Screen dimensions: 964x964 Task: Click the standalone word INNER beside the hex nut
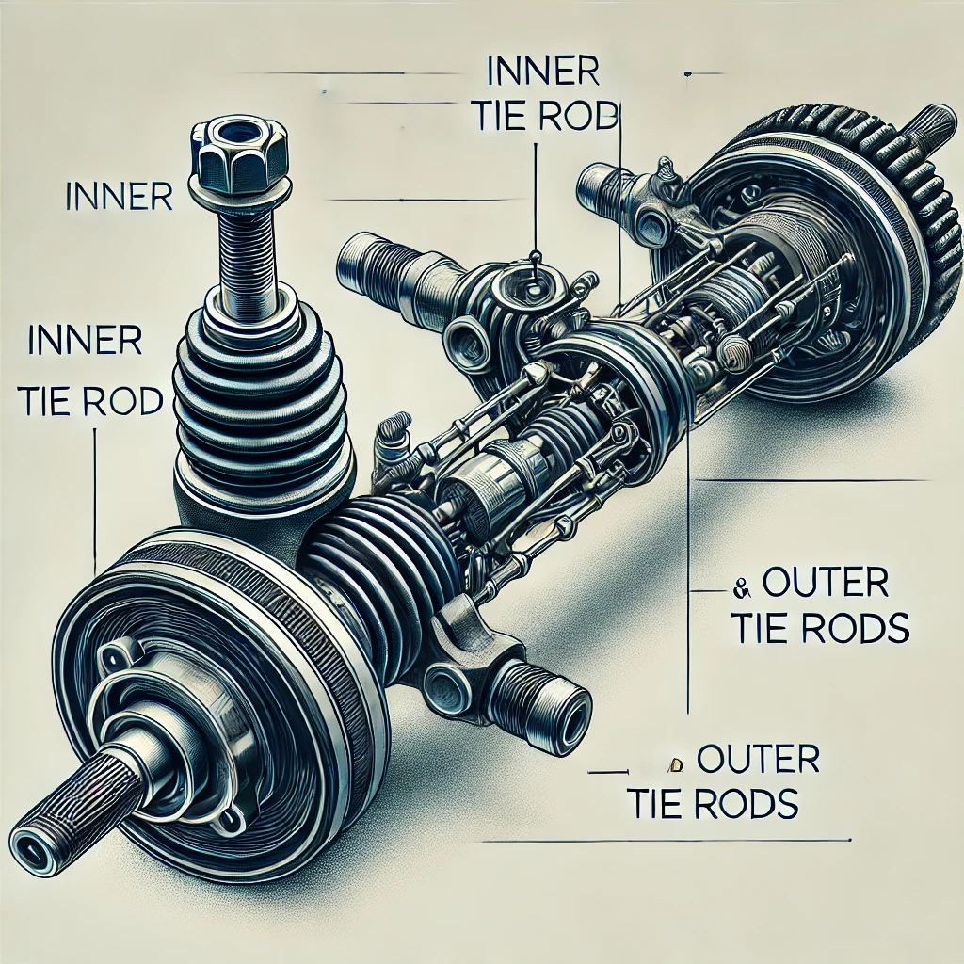coord(120,197)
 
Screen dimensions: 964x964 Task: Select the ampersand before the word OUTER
coord(739,589)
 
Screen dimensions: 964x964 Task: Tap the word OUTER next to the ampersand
coord(825,585)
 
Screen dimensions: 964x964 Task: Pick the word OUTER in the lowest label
coord(757,758)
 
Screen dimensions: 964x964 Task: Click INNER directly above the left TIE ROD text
coord(85,342)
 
